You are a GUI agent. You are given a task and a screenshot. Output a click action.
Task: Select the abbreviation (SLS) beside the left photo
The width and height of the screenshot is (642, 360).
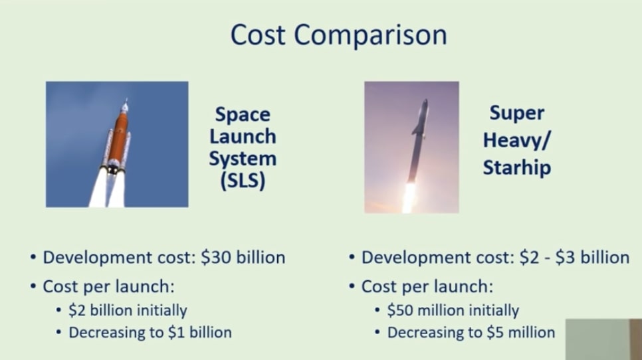[242, 181]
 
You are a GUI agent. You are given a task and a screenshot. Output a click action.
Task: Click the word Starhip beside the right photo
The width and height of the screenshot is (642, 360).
[516, 167]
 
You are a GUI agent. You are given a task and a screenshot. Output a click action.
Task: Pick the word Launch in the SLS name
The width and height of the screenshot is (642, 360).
[242, 137]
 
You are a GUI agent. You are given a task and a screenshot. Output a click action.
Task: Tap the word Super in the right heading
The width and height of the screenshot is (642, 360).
[516, 113]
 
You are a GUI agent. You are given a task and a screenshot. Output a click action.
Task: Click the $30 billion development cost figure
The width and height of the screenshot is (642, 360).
[243, 257]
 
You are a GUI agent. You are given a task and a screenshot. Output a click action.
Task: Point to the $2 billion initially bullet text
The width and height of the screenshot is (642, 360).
[128, 310]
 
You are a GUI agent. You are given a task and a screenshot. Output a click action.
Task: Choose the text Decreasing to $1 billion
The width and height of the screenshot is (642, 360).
[150, 332]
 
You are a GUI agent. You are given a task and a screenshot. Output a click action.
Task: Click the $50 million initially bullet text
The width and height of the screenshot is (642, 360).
[453, 310]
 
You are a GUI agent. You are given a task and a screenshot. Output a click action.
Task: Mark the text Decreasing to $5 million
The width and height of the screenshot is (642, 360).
[471, 332]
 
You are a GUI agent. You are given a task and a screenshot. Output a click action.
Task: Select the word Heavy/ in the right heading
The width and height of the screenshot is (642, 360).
[516, 140]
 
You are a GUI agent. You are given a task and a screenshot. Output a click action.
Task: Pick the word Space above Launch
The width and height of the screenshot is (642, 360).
[242, 115]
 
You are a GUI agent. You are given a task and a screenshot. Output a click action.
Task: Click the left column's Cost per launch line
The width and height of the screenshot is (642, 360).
[112, 287]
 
